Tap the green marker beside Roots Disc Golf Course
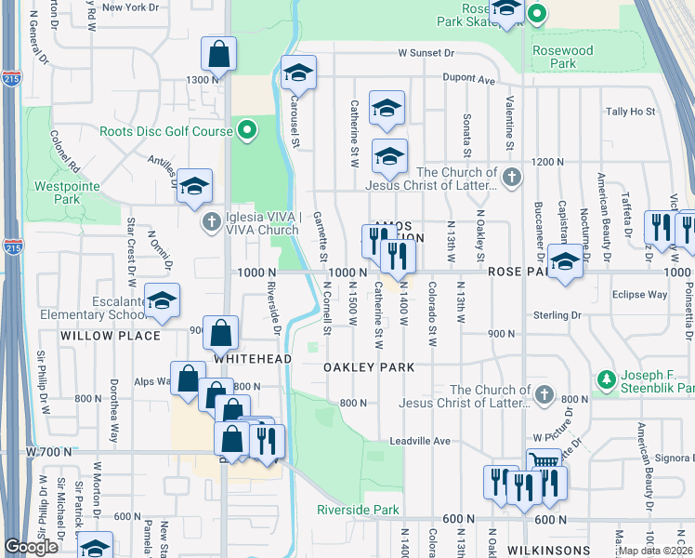tap(246, 131)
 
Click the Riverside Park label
tap(358, 510)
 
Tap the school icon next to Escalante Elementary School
tap(162, 299)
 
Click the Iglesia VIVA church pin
tap(212, 222)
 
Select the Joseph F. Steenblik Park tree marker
tap(607, 379)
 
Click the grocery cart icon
tap(544, 464)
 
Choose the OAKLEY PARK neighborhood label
tap(369, 367)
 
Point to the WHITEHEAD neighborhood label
tap(253, 358)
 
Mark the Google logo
tap(31, 547)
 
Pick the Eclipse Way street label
tap(639, 295)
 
